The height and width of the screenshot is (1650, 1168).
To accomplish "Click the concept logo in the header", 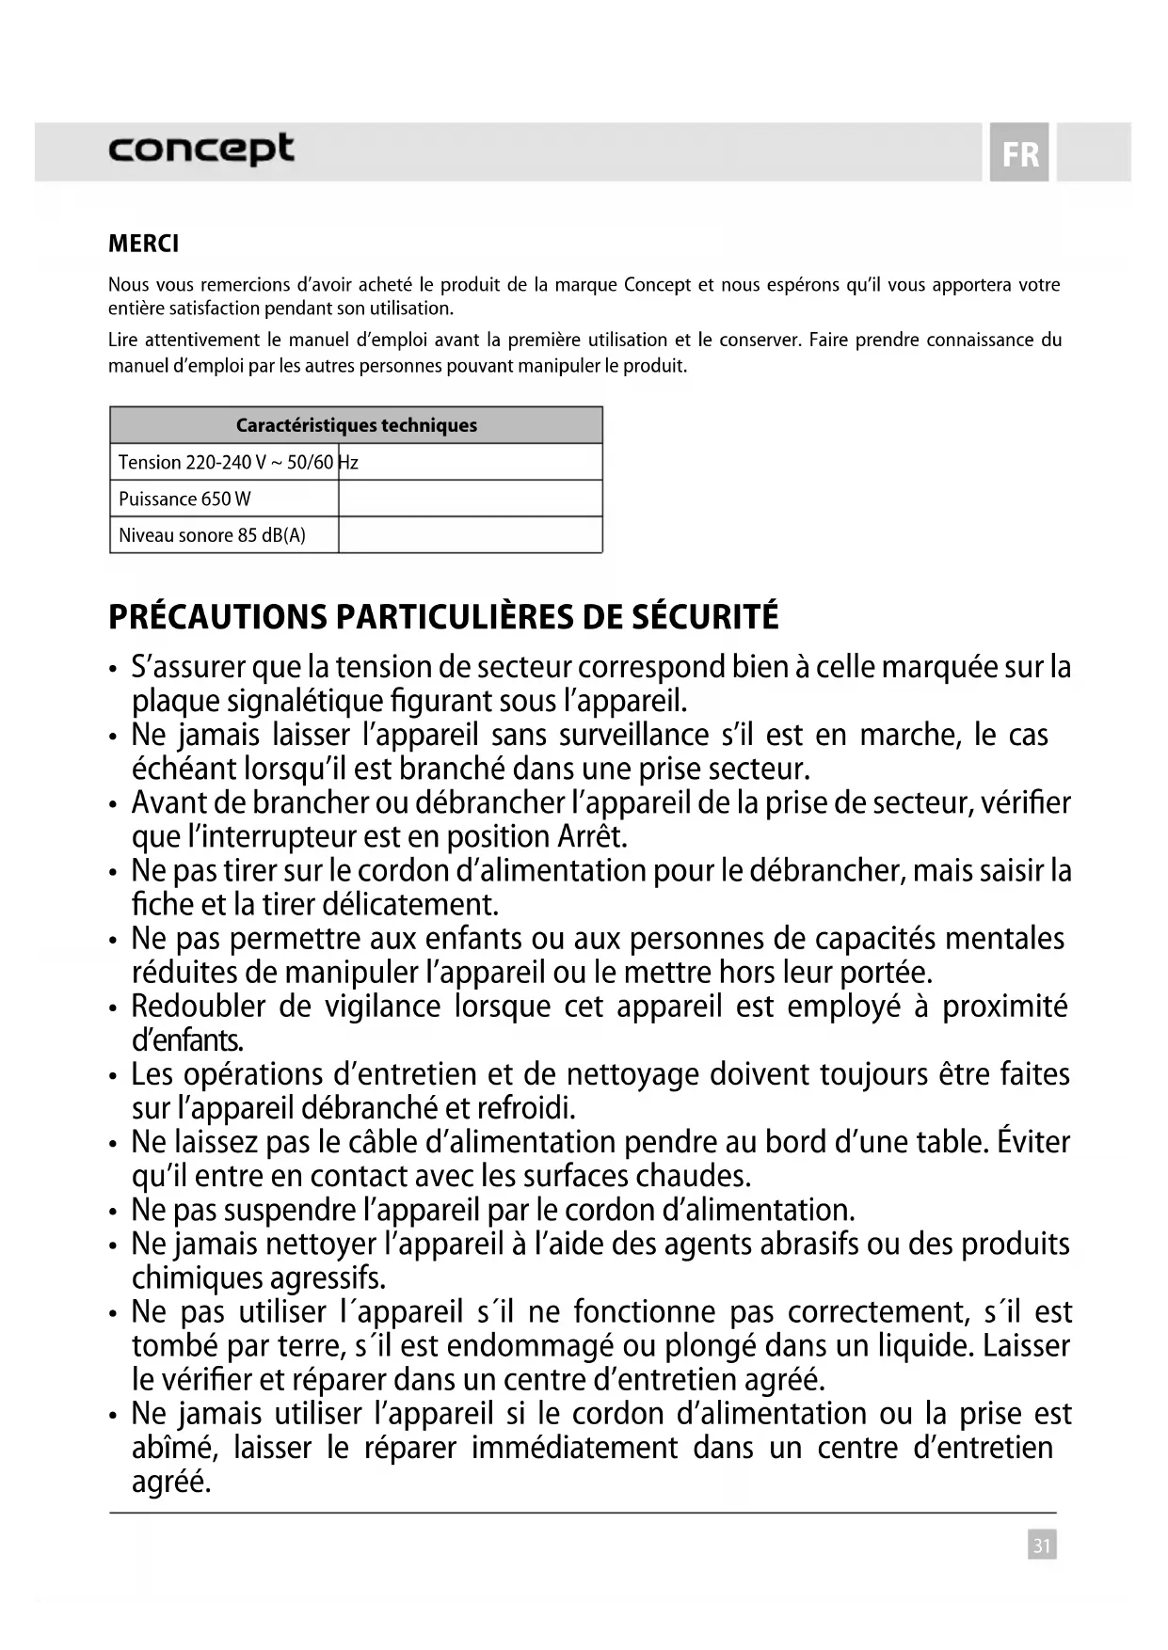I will coord(200,150).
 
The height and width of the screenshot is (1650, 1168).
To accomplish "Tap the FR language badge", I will coord(1019,153).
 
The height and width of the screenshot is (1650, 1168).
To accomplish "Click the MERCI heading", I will coord(143,244).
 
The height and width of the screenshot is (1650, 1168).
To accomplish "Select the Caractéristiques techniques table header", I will coord(356,425).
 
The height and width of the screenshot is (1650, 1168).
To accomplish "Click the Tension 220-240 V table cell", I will coord(224,462).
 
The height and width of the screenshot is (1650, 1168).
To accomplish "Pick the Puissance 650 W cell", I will coord(184,499).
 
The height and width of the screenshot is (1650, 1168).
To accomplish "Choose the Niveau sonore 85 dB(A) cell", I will coord(212,535).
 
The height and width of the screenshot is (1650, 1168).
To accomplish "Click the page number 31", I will coord(1042,1545).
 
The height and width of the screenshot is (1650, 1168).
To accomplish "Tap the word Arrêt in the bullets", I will coord(591,836).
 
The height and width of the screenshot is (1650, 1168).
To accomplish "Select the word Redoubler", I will coord(198,1007).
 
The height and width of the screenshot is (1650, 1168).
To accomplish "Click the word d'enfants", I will coord(187,1040).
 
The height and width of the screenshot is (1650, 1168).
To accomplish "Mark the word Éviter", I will coord(1032,1142).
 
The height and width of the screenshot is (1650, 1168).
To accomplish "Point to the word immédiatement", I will coord(574,1448).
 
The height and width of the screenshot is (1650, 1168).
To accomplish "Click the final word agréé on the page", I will coord(170,1483).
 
